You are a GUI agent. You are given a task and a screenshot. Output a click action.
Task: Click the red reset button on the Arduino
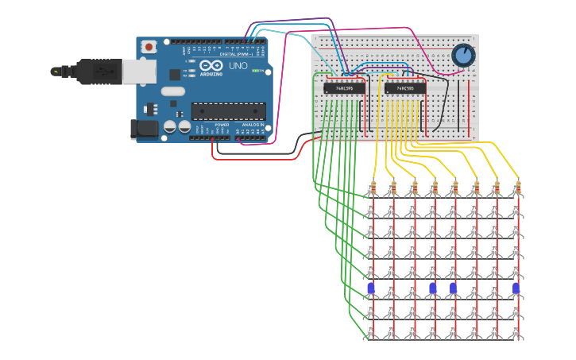(149, 47)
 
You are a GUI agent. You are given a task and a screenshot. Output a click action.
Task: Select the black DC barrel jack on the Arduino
(144, 129)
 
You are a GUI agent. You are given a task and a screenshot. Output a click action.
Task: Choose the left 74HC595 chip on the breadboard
(344, 88)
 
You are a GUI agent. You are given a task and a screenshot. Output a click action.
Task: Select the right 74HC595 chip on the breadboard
(404, 88)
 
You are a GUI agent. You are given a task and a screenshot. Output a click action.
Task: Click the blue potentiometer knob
(463, 55)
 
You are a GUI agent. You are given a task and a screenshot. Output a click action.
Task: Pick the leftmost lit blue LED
(371, 288)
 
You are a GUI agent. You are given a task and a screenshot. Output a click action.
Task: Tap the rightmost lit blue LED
(516, 288)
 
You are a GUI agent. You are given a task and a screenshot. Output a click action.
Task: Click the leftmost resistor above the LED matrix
(371, 188)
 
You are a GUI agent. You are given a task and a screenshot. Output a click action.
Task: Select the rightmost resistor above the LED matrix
(516, 188)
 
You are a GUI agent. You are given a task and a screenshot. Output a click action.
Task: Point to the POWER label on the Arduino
(222, 125)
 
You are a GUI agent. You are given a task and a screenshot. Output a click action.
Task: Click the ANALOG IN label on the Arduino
(253, 125)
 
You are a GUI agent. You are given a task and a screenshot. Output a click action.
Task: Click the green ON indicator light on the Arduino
(256, 71)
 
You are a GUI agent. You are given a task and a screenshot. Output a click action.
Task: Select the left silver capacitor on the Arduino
(170, 126)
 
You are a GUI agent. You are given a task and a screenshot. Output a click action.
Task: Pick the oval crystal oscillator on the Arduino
(172, 91)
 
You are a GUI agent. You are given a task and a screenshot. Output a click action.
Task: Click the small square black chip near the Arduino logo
(175, 74)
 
